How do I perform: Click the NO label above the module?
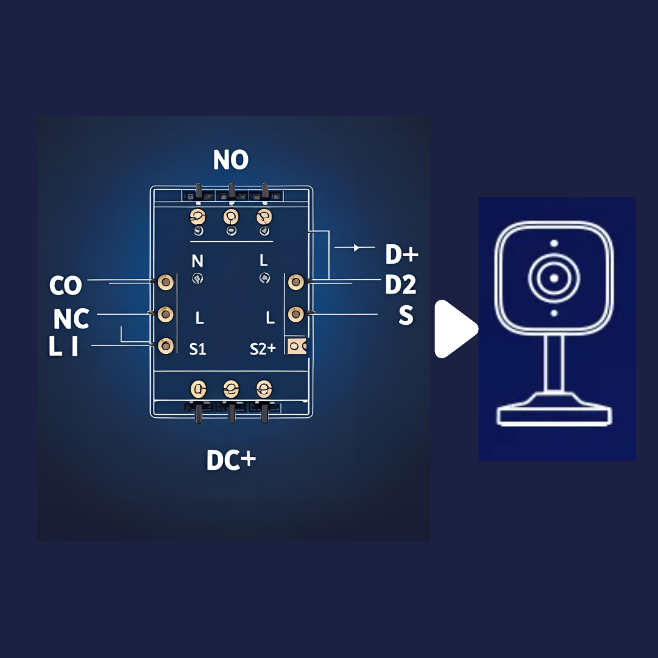[x=231, y=160]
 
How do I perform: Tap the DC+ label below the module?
[x=231, y=461]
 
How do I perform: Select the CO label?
[x=65, y=285]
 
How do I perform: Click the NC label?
[x=71, y=319]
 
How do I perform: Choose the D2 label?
[x=401, y=285]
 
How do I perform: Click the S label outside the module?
[x=406, y=315]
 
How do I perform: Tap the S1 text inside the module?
[x=197, y=349]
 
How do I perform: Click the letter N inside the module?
[x=197, y=261]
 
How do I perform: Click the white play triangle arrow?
[x=455, y=329]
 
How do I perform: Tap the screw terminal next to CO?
[x=166, y=281]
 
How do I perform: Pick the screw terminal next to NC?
[x=166, y=314]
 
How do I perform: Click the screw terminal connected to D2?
[x=296, y=281]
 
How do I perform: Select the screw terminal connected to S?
[x=296, y=314]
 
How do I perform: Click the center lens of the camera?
[x=554, y=278]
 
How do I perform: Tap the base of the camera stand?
[x=554, y=416]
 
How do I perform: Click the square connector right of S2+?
[x=297, y=346]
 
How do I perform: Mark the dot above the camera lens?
[x=554, y=243]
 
